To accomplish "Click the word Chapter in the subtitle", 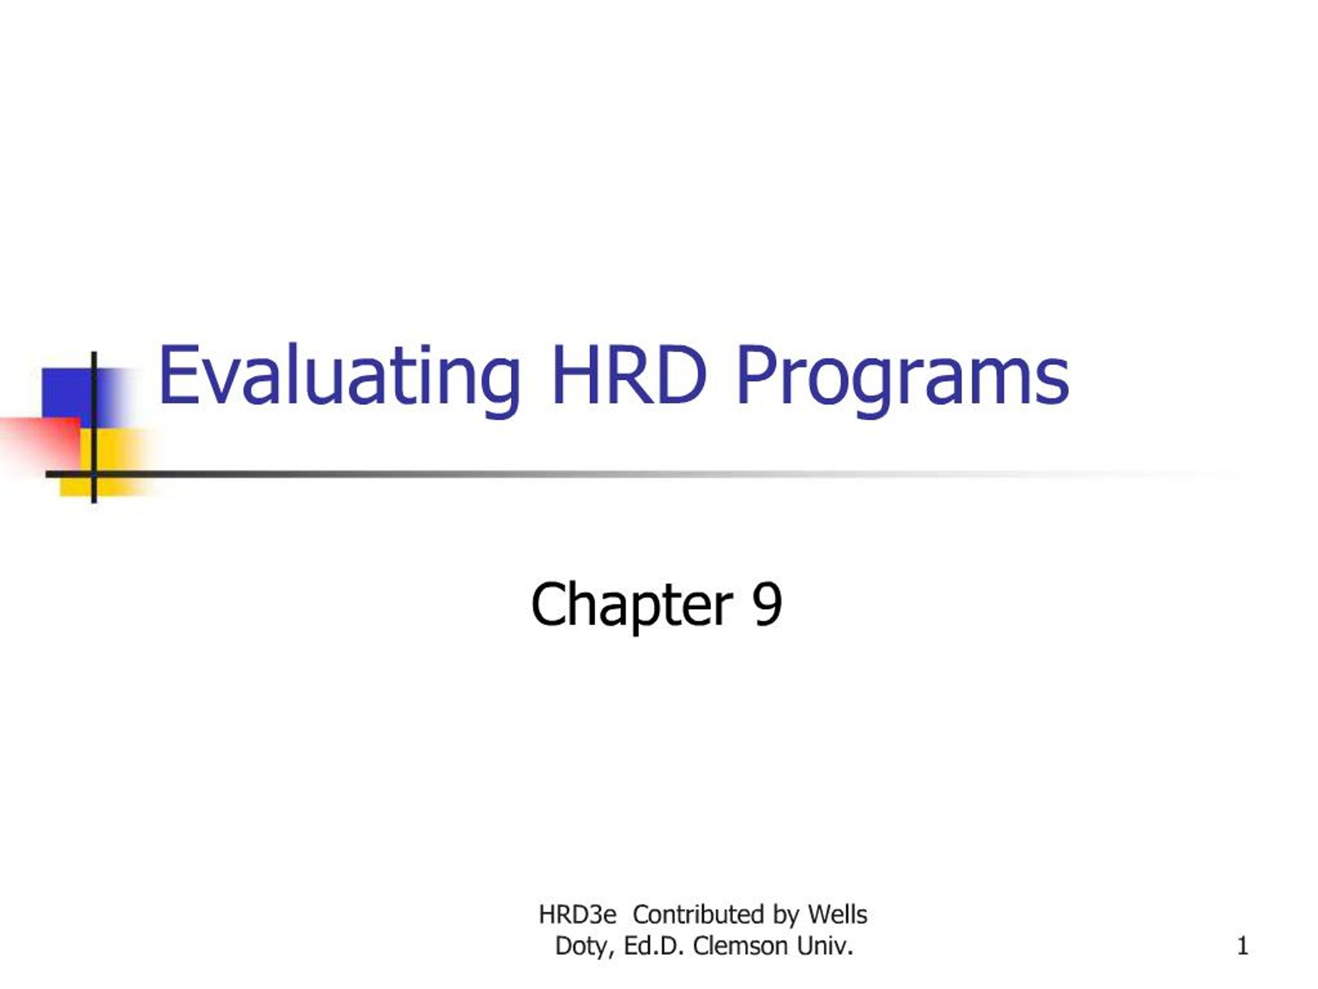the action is [x=632, y=605].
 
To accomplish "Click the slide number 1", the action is [x=1242, y=946].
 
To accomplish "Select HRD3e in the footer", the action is [x=577, y=914].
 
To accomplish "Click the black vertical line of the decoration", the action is [x=94, y=428].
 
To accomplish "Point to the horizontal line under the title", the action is [x=655, y=474].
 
